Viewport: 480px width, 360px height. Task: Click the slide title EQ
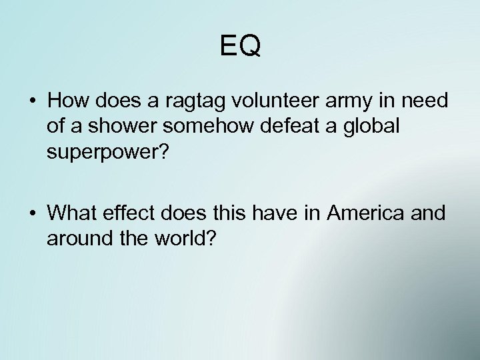click(240, 46)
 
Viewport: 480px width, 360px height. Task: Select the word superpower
click(99, 152)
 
